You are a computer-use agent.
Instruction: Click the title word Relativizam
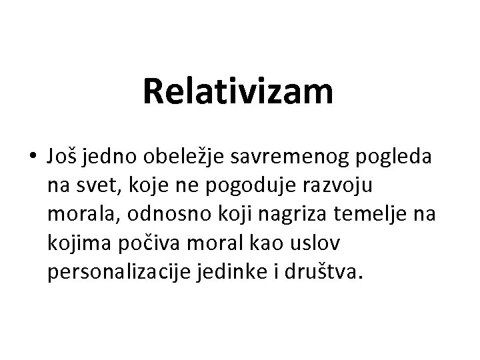[238, 92]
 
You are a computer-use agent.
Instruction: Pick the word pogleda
[398, 157]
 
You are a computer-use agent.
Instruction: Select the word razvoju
[349, 185]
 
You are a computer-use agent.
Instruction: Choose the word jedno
[109, 157]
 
